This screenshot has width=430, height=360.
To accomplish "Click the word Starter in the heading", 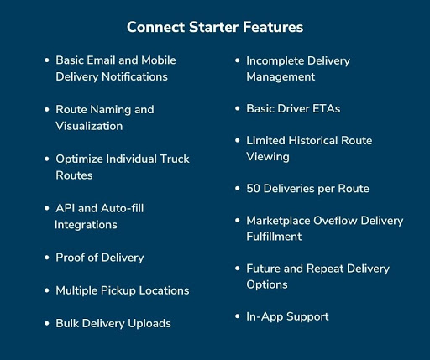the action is tap(213, 27).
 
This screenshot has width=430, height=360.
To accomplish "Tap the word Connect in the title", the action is tap(155, 27).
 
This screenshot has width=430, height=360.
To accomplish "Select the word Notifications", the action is tap(134, 76).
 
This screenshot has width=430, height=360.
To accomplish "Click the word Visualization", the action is tap(89, 126).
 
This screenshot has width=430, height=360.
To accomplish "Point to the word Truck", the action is tap(175, 159).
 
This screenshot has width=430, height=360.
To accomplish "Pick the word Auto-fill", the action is tap(122, 208).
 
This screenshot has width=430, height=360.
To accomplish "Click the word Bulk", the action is tap(67, 323).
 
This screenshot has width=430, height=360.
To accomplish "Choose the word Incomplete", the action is tap(275, 61).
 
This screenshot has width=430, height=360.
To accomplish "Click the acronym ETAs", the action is tap(326, 108).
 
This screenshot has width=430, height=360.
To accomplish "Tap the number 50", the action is tap(254, 189).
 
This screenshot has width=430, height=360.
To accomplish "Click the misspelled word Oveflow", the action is tap(335, 221).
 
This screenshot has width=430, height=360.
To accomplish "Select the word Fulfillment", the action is tap(274, 237).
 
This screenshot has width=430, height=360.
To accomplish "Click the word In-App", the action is tap(265, 317).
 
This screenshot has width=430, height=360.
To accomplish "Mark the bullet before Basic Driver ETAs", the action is tap(238, 108).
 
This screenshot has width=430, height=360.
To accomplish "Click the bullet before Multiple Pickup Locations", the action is tap(47, 290).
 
